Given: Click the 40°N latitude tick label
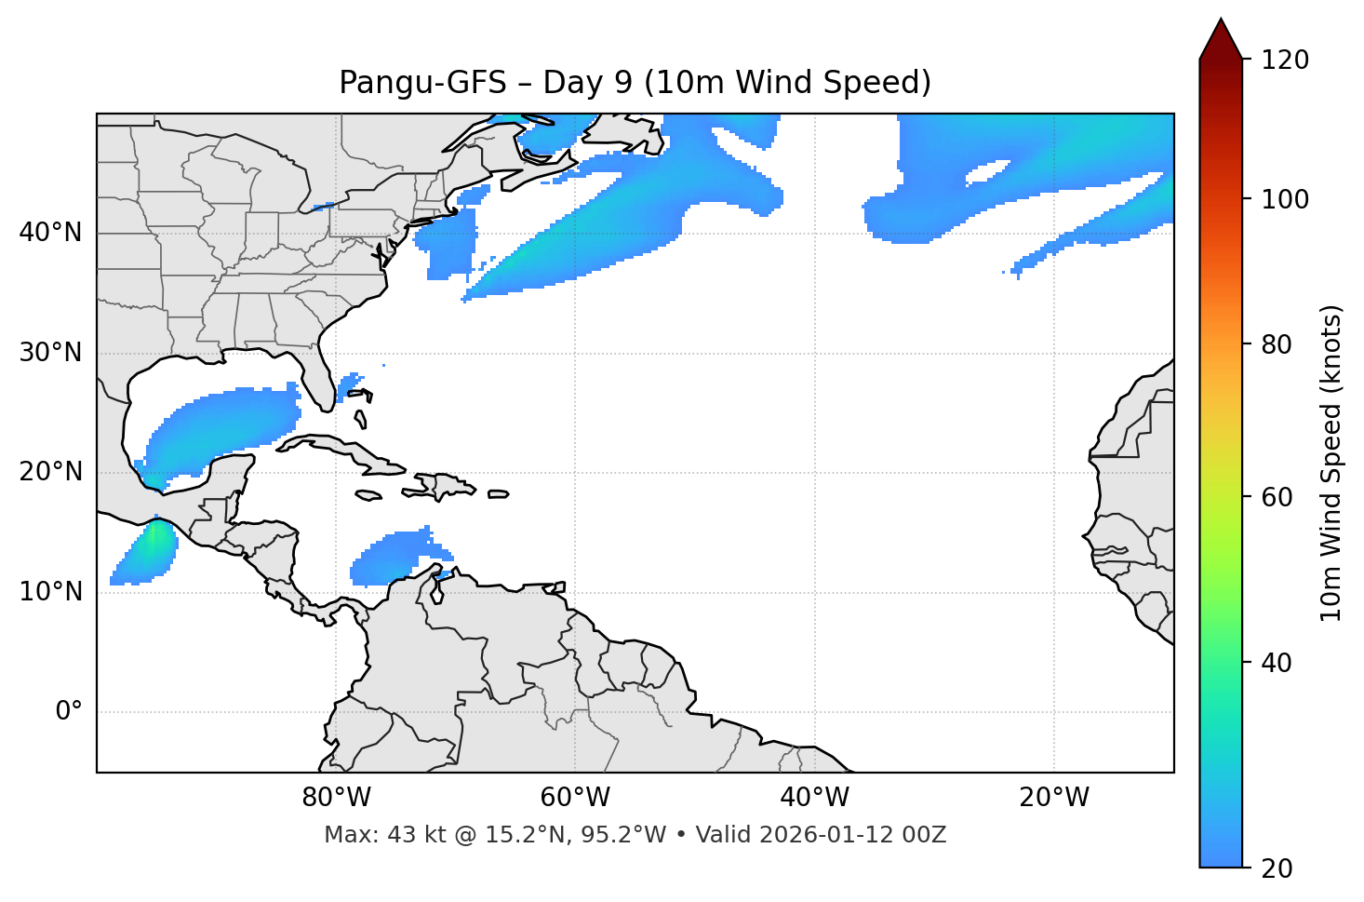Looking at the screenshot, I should (50, 233).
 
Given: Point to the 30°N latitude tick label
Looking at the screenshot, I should (50, 353).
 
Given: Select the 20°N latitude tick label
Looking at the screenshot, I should (50, 472).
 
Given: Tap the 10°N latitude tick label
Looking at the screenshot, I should (50, 592).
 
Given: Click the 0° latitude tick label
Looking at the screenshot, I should (68, 712).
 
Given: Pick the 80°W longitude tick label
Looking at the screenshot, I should (337, 798).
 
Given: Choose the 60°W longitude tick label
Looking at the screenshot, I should (575, 798).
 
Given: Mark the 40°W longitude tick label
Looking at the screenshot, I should (814, 798).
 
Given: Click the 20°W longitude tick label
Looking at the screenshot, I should (1054, 798).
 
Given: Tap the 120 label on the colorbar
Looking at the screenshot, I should (1284, 61).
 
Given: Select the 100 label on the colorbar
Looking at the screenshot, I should (1284, 199).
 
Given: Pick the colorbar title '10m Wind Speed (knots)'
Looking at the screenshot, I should (1331, 463).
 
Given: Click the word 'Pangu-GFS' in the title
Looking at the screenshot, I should (422, 83).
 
